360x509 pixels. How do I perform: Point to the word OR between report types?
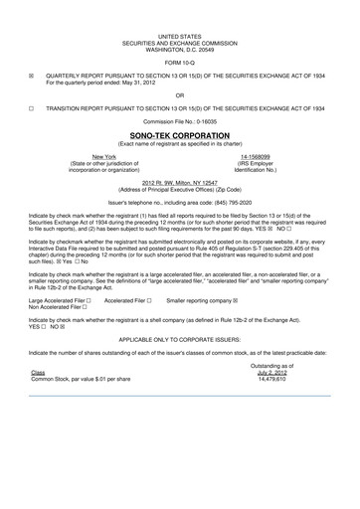(180, 95)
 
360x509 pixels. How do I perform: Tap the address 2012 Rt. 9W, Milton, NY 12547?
(180, 183)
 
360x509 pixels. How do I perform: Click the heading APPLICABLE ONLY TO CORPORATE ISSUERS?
(180, 338)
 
